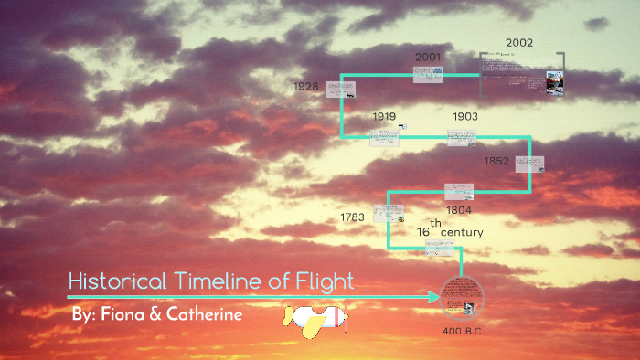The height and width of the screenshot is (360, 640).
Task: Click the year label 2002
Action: (518, 42)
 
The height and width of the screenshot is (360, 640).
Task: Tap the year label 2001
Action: (428, 57)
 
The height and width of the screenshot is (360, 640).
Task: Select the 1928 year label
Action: (306, 87)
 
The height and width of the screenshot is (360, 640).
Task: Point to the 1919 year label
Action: (384, 116)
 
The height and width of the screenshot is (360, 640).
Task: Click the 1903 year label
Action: (465, 116)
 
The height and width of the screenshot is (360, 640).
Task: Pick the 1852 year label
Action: (496, 162)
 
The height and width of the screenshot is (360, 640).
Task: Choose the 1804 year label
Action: (459, 209)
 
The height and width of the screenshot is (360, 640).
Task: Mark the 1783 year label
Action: (352, 217)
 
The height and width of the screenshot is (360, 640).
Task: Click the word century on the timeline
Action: (462, 232)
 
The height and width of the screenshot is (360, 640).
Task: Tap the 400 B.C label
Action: (462, 330)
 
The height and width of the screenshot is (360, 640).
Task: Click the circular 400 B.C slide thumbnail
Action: (462, 297)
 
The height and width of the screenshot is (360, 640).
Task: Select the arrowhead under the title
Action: (435, 297)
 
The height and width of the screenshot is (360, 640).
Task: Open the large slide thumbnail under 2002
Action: (522, 73)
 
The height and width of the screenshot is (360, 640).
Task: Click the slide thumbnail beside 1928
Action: (341, 90)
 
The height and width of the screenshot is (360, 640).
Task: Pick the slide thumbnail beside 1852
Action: (529, 164)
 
